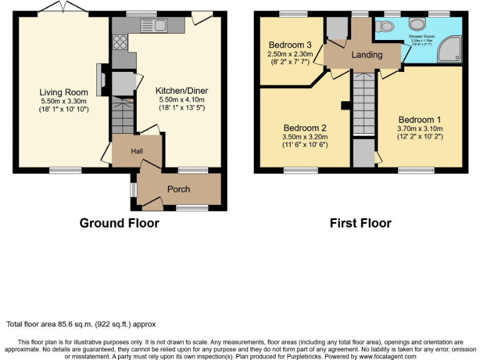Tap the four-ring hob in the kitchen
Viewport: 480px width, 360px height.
coord(119,42)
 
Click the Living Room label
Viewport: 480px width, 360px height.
coord(56,92)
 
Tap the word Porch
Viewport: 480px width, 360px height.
coord(178,189)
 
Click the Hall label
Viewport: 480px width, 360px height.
coord(136,152)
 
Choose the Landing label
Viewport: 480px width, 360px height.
coord(367,55)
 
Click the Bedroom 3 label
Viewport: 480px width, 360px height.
coord(290,45)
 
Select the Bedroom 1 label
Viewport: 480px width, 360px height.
coord(419,119)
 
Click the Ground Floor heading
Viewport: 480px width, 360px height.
coord(119,223)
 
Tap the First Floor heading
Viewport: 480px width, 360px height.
coord(361,223)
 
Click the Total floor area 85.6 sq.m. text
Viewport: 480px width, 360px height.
coord(81,324)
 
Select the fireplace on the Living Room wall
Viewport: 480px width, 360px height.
coord(100,78)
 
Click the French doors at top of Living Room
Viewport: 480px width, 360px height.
coord(61,8)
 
